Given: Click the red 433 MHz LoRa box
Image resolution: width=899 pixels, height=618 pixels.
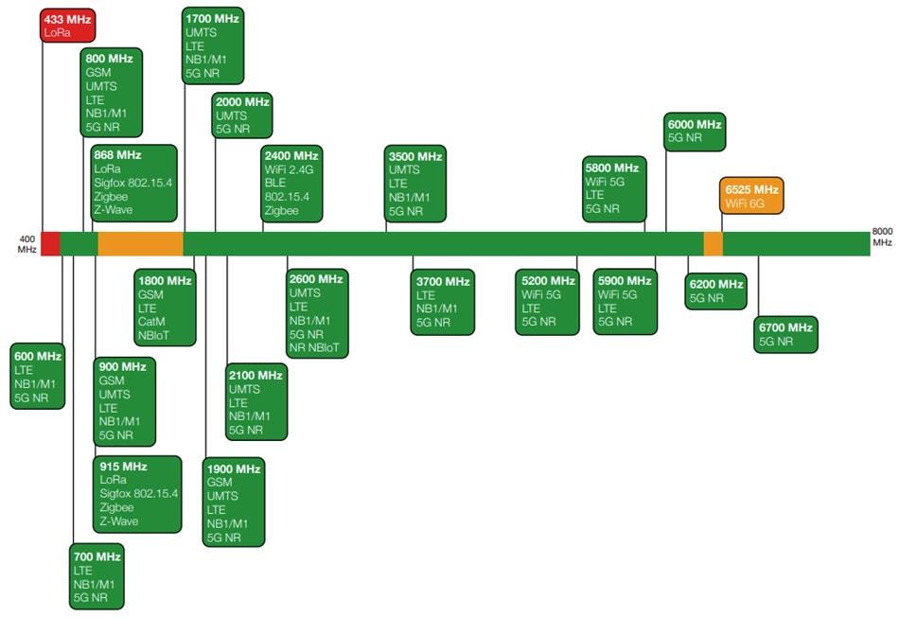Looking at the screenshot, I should click(68, 26).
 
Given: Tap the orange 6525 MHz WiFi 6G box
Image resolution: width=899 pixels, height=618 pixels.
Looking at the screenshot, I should click(751, 196).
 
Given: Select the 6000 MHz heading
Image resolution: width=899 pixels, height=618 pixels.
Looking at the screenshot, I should click(695, 124).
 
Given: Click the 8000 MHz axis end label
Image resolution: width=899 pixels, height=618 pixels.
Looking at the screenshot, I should click(882, 237).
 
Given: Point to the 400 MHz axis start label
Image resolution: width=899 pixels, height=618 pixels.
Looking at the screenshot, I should click(26, 242).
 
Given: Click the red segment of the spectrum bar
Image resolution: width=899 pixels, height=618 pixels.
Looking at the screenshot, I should click(50, 243).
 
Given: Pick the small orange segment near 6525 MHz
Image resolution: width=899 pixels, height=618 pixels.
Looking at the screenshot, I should click(713, 243).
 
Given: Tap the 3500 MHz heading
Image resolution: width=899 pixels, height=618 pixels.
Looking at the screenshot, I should click(415, 156).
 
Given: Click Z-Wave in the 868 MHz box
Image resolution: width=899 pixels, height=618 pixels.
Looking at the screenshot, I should click(114, 210).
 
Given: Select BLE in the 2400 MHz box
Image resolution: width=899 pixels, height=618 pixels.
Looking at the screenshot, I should click(275, 183).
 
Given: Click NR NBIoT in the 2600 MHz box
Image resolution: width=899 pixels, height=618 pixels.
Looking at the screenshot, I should click(318, 348).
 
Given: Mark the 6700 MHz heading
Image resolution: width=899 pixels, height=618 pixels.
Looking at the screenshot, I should click(785, 327).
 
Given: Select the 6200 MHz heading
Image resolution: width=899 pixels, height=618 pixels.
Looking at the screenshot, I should click(716, 284).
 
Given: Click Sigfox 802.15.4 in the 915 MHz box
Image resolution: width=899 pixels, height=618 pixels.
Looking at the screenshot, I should click(138, 493).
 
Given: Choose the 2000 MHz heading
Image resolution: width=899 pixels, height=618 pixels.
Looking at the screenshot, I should click(242, 101).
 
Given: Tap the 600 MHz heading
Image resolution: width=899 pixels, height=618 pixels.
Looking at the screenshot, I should click(38, 356).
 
